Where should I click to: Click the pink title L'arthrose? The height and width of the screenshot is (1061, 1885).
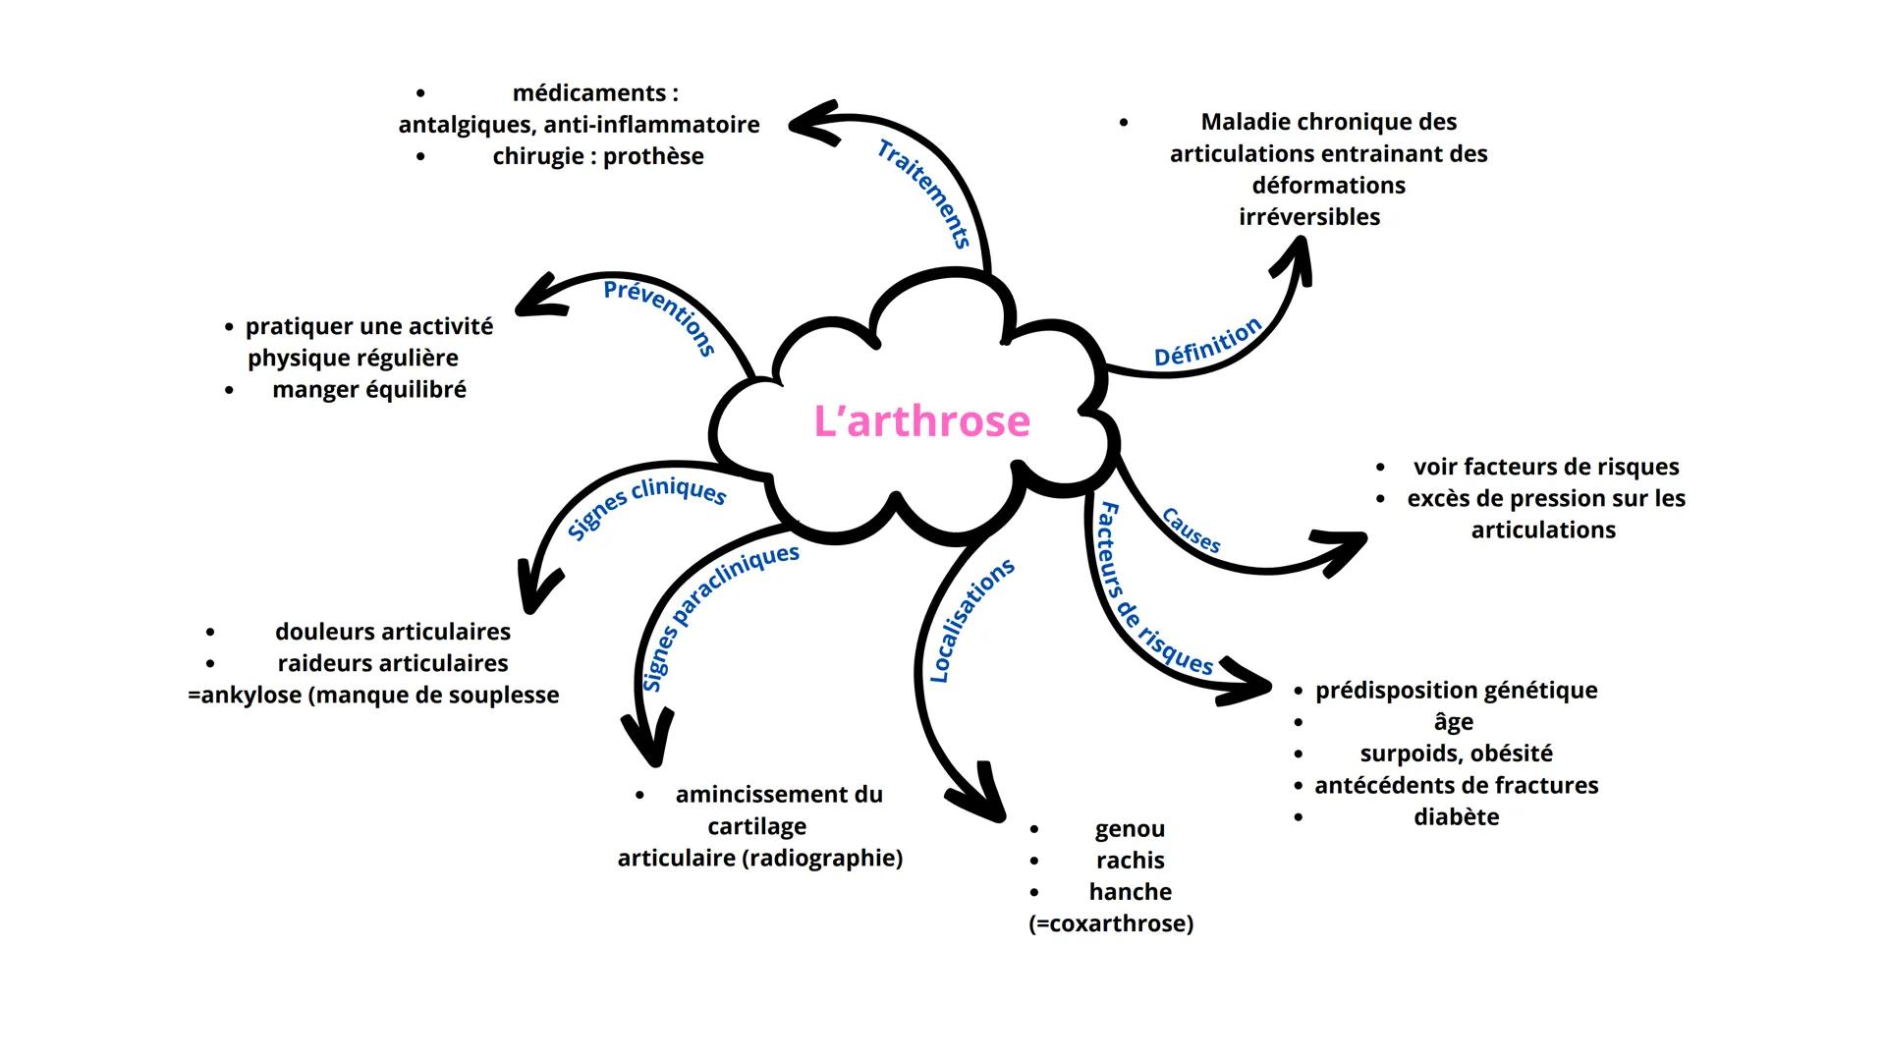[921, 421]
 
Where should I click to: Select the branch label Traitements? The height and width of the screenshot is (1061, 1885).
[924, 194]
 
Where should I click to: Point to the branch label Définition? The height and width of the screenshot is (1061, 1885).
[1207, 342]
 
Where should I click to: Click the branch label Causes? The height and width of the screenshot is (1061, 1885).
[1191, 530]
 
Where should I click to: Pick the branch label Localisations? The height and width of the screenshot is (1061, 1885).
[970, 621]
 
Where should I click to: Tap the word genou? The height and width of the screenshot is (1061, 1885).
[1130, 829]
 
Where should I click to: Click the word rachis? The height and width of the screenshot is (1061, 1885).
[1130, 861]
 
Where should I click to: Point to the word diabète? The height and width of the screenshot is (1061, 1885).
[1456, 817]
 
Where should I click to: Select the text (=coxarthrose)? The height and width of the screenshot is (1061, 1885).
[1111, 923]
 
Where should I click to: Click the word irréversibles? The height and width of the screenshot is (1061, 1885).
[1309, 217]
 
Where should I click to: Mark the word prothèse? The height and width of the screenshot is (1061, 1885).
[653, 156]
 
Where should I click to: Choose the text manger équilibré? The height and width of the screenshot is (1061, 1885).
[369, 390]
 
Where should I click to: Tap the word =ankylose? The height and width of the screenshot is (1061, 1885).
[245, 696]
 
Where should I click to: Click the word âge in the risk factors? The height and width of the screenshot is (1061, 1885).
[1453, 722]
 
